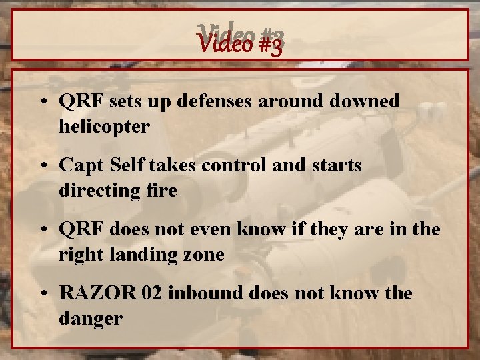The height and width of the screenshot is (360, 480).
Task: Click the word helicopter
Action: click(x=104, y=126)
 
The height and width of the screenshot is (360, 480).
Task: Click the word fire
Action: click(x=162, y=190)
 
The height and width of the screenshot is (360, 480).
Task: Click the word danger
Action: click(x=90, y=319)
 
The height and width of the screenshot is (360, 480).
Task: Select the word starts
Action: click(x=337, y=165)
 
